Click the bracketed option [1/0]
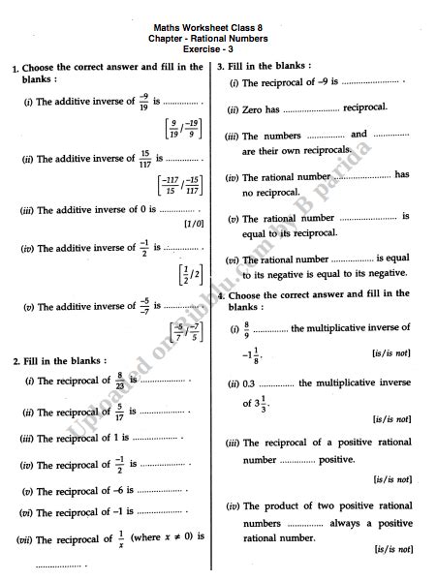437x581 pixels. (x=193, y=224)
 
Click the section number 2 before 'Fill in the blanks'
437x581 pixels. (x=16, y=360)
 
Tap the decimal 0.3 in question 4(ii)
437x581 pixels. (x=249, y=383)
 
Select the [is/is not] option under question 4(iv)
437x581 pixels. (x=392, y=549)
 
